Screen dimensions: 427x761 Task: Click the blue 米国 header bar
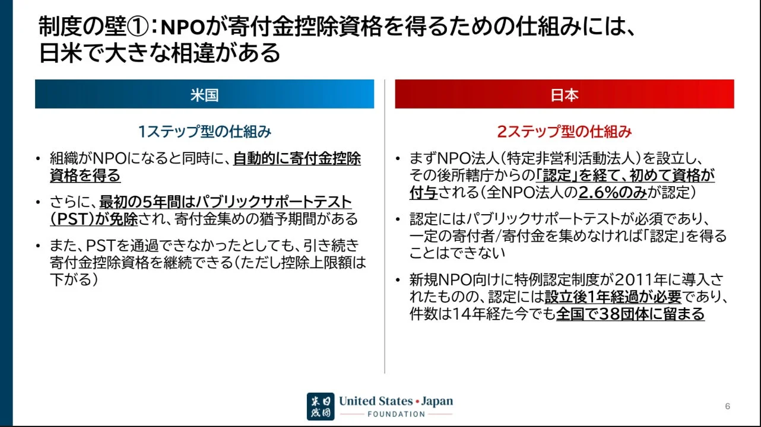pos(204,94)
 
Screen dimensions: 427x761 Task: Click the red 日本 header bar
pos(564,94)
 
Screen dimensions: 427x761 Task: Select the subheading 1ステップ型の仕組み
pos(205,131)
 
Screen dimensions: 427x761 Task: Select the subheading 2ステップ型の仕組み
pos(565,131)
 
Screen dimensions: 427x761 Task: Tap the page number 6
pos(727,406)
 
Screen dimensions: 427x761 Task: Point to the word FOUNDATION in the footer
pos(396,414)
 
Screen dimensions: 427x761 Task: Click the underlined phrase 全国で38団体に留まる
pos(630,314)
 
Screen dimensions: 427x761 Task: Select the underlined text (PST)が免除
pos(94,218)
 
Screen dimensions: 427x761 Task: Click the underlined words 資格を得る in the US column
pos(85,176)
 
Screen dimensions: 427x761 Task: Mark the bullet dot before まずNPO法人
pos(398,160)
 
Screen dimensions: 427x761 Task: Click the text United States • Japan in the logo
pos(395,401)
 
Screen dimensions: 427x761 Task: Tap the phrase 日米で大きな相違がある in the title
pos(160,53)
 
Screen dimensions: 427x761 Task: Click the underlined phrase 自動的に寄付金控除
pos(297,159)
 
